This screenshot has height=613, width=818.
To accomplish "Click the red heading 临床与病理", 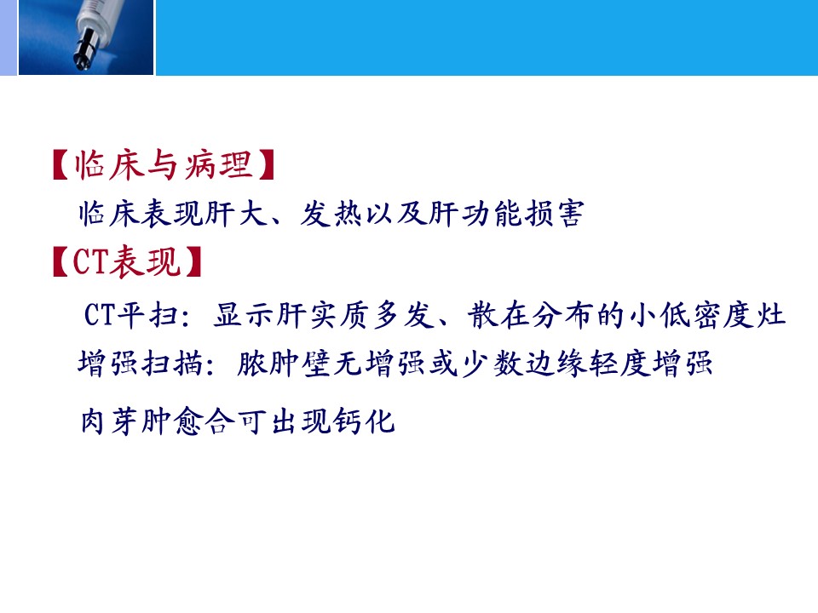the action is pos(164,164).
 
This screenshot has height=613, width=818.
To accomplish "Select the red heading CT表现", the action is pos(127,261).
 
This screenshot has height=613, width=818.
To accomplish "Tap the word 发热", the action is pos(331,214).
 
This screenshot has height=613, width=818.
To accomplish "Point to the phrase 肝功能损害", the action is pos(506,214).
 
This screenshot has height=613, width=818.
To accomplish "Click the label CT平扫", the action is pos(131,315).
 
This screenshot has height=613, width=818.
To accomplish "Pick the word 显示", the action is pos(245,315).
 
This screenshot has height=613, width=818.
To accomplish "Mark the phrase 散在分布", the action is pos(531,315).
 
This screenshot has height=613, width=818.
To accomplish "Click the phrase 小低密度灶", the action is pos(707,315).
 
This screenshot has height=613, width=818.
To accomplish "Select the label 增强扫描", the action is pos(141,363).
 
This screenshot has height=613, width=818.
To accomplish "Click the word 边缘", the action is pos(556,363).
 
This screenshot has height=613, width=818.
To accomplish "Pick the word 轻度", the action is pos(620,363).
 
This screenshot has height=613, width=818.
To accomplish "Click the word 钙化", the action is pos(364,421).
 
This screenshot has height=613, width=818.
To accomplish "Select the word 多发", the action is pos(402,315).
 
